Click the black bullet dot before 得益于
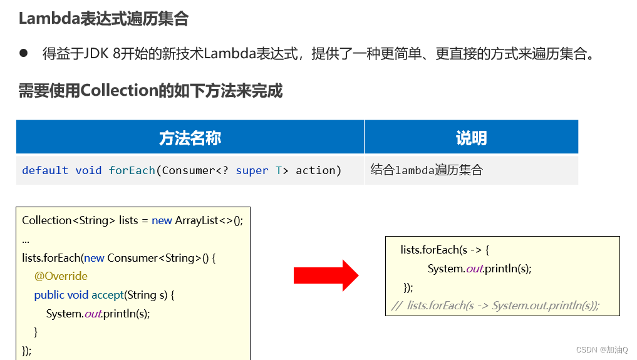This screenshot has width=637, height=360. coord(24,53)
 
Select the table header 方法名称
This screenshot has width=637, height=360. coord(190,138)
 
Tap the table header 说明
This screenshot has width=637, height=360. coord(471,138)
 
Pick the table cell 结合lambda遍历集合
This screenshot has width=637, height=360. coord(427,170)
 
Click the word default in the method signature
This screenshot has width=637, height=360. coord(45,170)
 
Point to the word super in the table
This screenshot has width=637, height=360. coord(252,170)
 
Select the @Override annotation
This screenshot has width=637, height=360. coord(61,276)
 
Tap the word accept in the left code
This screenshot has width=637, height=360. coord(107,295)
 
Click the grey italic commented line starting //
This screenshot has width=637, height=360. coord(495,306)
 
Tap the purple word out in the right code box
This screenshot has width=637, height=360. coord(474,269)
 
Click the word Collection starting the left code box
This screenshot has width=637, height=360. coord(47,220)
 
